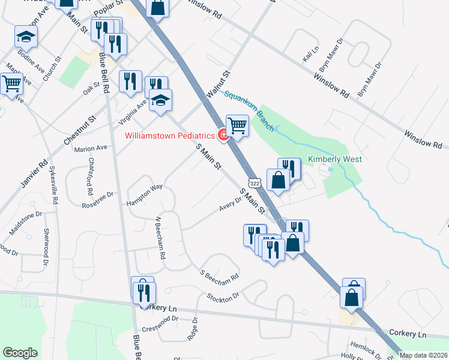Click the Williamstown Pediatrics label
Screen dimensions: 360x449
coord(170,135)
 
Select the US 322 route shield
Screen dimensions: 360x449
coord(255,183)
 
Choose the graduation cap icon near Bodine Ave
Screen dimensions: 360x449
coord(25,37)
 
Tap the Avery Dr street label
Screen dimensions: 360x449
coord(230,205)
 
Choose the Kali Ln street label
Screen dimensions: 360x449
coord(310,57)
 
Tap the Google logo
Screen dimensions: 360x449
coord(20,353)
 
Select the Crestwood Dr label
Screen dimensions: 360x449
coord(161,329)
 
